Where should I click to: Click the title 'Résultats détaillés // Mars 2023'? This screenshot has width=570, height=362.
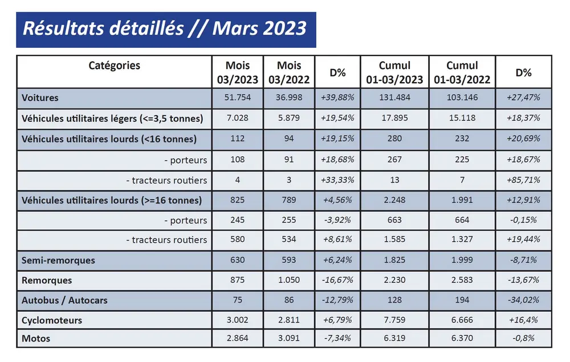click(165, 29)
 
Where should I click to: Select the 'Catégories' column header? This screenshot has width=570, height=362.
click(114, 65)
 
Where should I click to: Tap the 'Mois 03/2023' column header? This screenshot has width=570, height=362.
click(238, 72)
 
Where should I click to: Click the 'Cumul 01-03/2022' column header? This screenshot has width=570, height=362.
click(462, 72)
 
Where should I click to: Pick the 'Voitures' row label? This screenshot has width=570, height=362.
click(40, 97)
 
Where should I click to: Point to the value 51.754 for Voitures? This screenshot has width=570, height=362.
click(238, 97)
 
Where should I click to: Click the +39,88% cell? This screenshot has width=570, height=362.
click(338, 97)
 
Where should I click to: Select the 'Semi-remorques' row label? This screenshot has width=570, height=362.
click(58, 260)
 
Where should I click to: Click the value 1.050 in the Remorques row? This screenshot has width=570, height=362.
click(289, 280)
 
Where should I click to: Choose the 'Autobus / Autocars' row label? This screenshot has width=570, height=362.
click(64, 300)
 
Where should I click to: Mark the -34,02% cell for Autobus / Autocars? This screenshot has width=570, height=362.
click(523, 300)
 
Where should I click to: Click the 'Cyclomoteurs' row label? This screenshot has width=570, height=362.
click(52, 320)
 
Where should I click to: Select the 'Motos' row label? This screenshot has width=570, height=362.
click(36, 339)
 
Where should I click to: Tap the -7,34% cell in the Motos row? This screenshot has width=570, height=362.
click(338, 339)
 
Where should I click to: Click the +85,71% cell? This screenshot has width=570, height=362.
click(523, 180)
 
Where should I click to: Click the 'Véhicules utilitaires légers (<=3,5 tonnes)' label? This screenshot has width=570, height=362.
click(112, 119)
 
